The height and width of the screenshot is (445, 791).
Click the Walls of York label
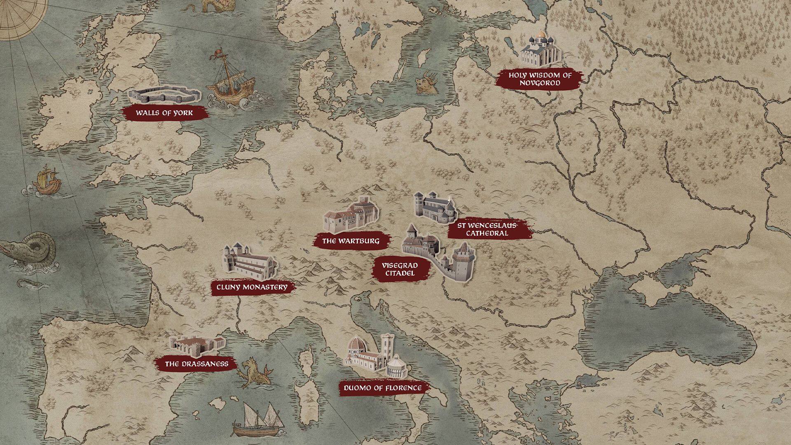pos(164,112)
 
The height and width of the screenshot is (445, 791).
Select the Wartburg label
pos(351,241)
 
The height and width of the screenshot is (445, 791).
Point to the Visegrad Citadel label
pos(400,269)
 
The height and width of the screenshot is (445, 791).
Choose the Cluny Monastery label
pos(252,287)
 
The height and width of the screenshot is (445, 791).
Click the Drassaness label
pos(197,364)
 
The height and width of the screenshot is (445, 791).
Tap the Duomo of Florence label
pos(383,388)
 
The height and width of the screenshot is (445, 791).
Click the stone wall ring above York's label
pos(164,95)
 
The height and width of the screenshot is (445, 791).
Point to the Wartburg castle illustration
pos(351,215)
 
